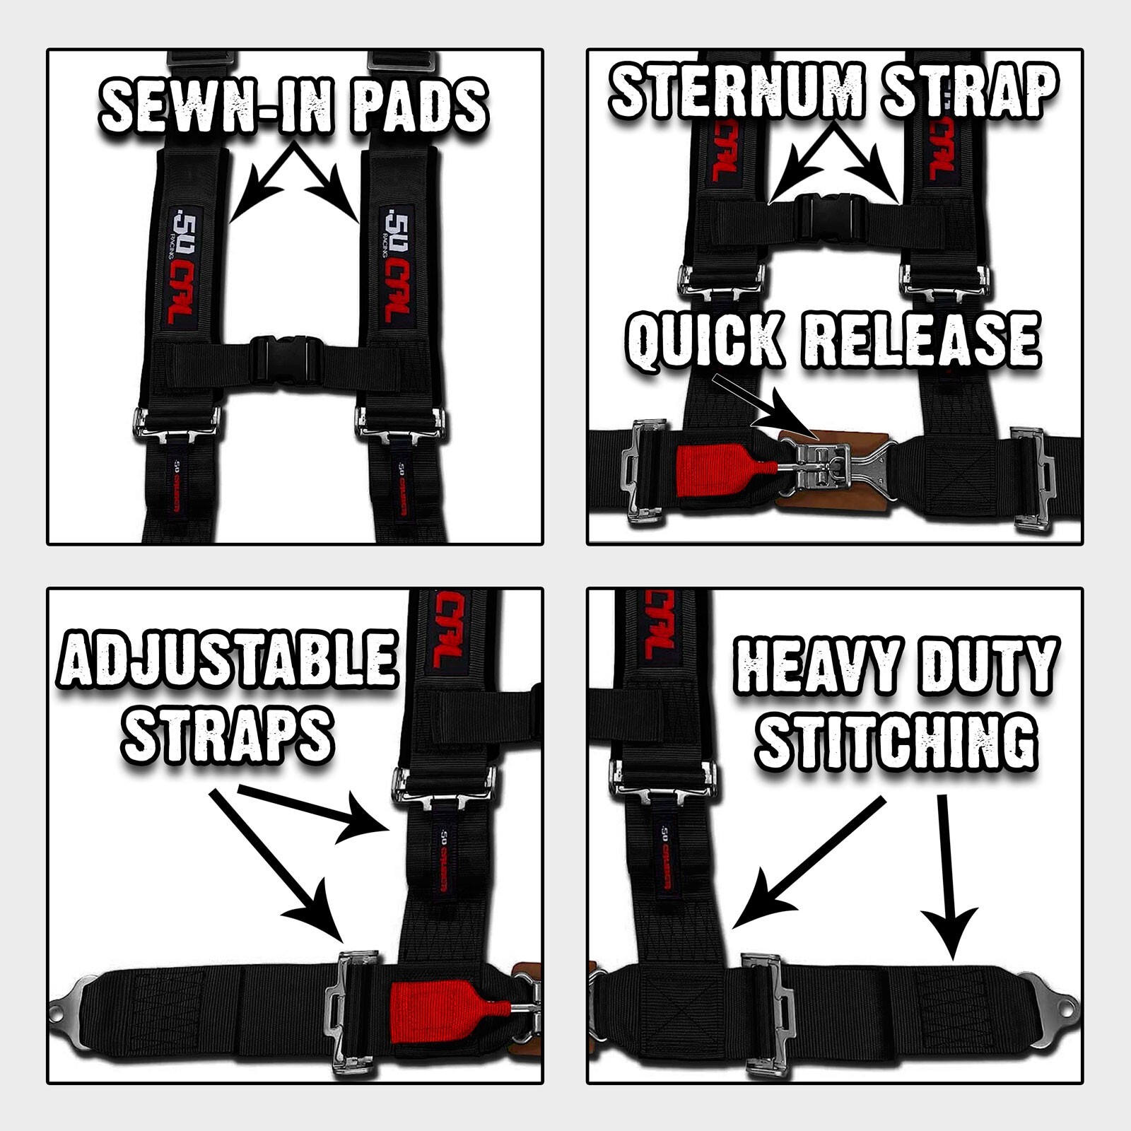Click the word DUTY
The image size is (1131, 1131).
(990, 666)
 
